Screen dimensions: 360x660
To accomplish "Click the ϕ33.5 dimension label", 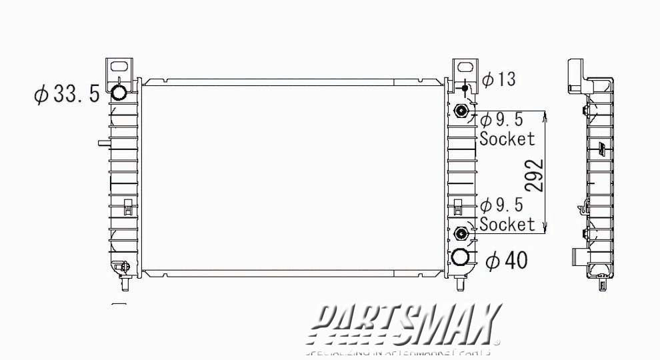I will coord(67,95).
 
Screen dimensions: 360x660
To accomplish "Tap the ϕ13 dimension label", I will coord(499,80).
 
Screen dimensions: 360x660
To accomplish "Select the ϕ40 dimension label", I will coord(506,261).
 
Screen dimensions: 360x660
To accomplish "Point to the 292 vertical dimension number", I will coord(535,175).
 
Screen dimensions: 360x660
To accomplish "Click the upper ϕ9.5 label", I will coord(502,120).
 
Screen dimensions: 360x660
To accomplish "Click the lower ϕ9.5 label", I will coord(502,205).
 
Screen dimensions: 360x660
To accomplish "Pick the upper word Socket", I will coord(507,139).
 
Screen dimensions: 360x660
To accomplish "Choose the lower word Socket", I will coord(507,224).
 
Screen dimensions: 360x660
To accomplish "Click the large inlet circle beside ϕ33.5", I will coord(119,93).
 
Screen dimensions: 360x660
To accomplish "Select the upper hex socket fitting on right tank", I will coord(461,111).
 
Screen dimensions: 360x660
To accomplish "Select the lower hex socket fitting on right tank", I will coord(461,233).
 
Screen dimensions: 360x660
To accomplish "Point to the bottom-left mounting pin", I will coord(125,285).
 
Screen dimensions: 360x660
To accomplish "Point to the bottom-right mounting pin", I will coord(459,285).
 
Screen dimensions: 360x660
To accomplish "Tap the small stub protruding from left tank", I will coord(101,143).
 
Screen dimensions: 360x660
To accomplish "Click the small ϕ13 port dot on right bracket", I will coord(465,87).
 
